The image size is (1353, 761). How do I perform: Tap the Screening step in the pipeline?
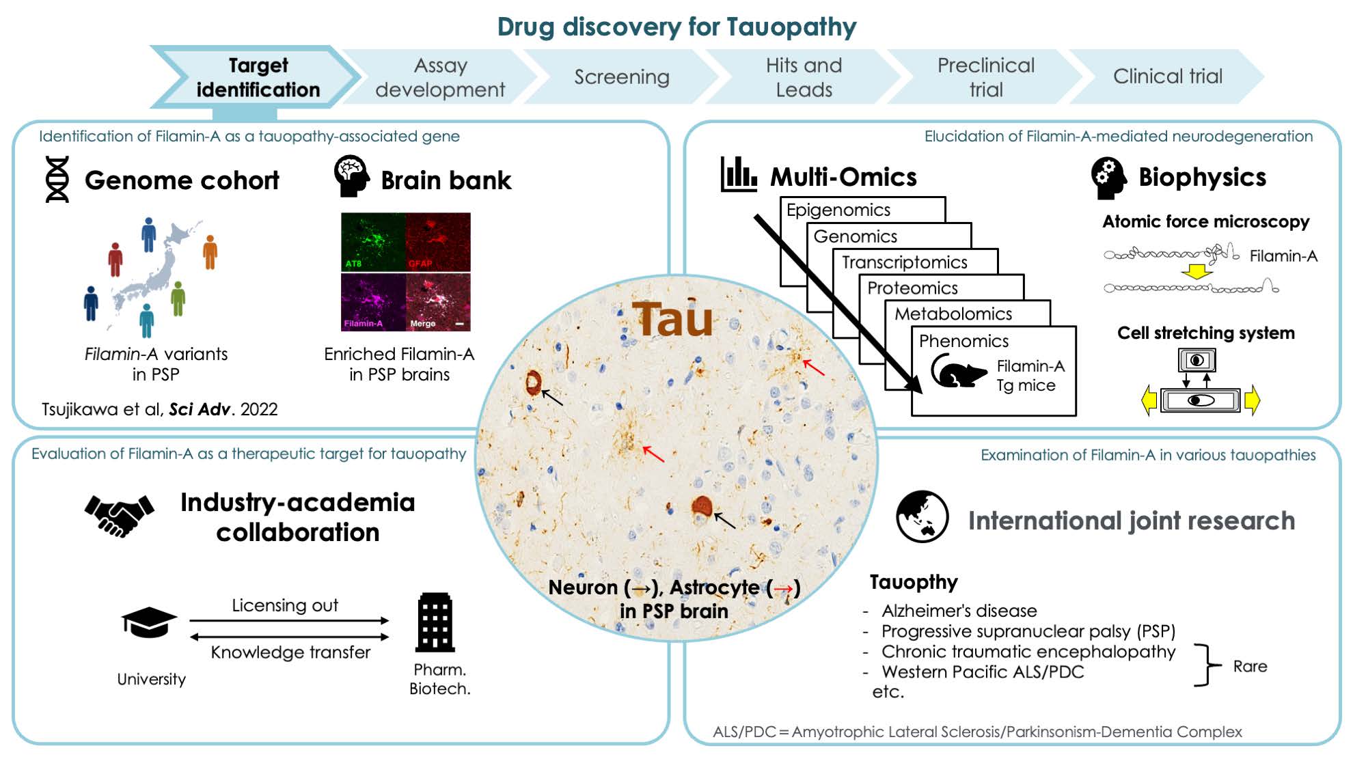pos(621,77)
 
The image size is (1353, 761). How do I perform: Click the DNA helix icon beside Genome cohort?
pos(57,179)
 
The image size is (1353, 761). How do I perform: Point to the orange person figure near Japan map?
pos(210,251)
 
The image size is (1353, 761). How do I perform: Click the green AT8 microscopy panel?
pos(373,242)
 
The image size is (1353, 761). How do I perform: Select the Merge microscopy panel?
pos(439,302)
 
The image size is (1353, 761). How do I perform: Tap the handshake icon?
pos(119,515)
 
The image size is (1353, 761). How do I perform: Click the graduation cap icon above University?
pos(149,622)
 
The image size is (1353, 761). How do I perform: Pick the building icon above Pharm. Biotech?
pos(435,622)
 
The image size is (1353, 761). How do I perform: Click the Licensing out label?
pos(285,605)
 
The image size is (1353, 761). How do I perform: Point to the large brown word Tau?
pos(672,319)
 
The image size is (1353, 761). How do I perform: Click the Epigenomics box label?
pos(838,210)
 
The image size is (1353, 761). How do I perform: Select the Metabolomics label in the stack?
pos(953,314)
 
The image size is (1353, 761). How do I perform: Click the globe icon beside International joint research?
pos(922,516)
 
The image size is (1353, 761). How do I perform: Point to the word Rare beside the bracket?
pos(1250,666)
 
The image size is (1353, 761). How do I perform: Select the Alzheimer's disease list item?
pos(959,611)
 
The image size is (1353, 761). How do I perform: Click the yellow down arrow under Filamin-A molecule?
pos(1197,272)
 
